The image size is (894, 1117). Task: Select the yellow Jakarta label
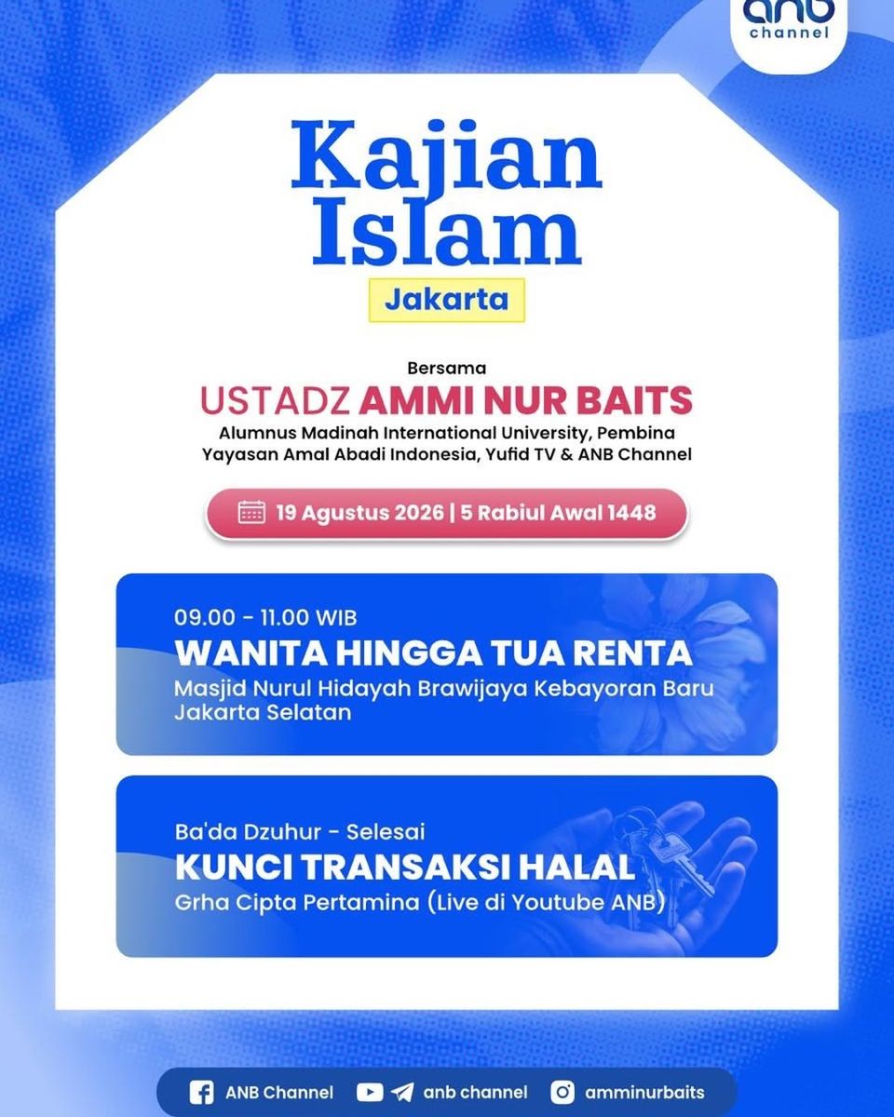447,300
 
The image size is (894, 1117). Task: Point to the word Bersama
447,368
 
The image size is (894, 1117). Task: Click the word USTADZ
276,400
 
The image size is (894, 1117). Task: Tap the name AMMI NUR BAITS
525,400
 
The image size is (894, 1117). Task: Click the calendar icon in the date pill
251,512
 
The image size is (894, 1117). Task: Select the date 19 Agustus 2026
360,513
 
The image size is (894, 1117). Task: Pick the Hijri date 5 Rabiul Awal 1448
558,513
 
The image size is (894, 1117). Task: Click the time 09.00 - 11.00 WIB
265,618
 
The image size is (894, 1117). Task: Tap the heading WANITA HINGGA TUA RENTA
433,653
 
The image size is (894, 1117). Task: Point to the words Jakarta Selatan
263,713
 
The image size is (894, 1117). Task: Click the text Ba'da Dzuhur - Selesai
300,832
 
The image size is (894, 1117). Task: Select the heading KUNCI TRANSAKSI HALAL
405,868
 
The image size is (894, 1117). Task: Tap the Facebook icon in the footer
201,1093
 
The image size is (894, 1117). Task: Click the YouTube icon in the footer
370,1093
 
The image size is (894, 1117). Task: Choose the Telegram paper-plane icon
402,1093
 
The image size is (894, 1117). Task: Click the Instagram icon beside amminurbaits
562,1092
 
